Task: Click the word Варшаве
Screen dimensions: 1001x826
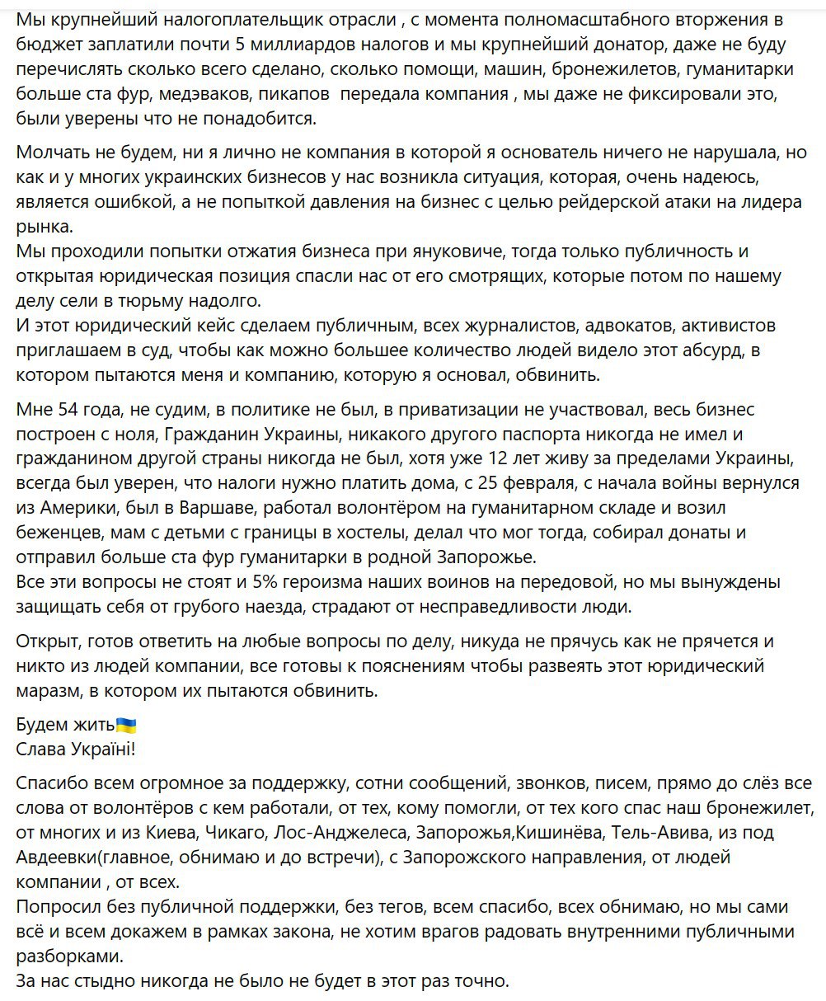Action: tap(204, 508)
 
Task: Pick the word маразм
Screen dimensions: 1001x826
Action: tap(46, 691)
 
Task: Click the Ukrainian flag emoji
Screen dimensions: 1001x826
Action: tap(126, 726)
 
